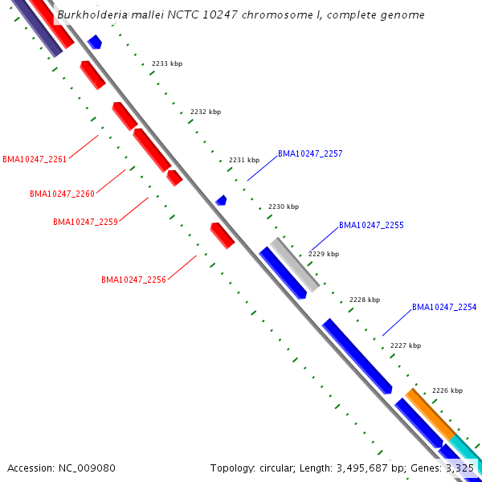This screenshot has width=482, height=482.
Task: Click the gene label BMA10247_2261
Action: pos(35,159)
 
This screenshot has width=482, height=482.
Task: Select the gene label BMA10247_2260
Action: pos(62,194)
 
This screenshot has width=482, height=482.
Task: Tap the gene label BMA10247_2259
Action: pos(85,222)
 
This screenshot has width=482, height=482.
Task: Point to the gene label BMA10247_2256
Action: pos(133,280)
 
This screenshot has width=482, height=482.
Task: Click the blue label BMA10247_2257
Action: pos(310,153)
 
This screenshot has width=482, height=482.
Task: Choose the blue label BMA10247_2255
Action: pos(371,226)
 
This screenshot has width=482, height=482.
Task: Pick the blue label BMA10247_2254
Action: pos(444,308)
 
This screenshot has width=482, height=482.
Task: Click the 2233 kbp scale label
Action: pos(166,63)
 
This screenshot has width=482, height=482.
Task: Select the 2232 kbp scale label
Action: pos(205,112)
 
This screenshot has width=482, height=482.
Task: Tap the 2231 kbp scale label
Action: pos(244,160)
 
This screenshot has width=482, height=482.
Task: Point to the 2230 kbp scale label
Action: pos(283,206)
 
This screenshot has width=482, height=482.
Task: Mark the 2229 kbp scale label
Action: pos(324,254)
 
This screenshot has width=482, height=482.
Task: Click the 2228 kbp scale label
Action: pos(364,300)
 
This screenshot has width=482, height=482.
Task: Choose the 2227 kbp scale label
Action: pos(405,345)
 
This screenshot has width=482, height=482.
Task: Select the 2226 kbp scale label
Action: pos(447,390)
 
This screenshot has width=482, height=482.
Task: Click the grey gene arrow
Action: pos(295,263)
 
